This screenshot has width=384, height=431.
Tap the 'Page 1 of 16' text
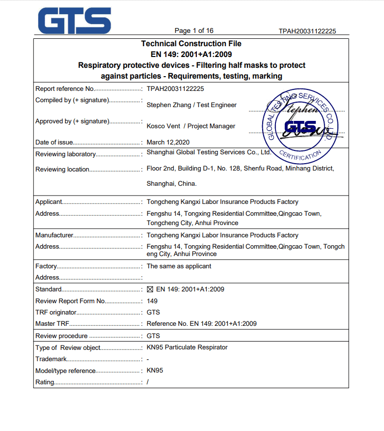click(194, 30)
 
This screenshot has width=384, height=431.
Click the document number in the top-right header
click(307, 31)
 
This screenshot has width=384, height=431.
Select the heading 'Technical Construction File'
click(192, 44)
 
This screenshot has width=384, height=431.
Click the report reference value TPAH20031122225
click(175, 89)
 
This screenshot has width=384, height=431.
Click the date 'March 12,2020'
click(168, 143)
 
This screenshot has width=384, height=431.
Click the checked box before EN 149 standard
click(150, 289)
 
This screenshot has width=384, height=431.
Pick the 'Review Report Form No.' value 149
click(152, 301)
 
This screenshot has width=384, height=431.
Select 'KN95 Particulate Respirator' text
click(187, 347)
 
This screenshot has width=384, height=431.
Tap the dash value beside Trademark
click(148, 359)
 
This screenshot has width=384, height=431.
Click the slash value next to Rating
click(147, 382)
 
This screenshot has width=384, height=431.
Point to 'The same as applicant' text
click(179, 266)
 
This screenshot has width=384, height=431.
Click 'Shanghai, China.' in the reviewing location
click(171, 184)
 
